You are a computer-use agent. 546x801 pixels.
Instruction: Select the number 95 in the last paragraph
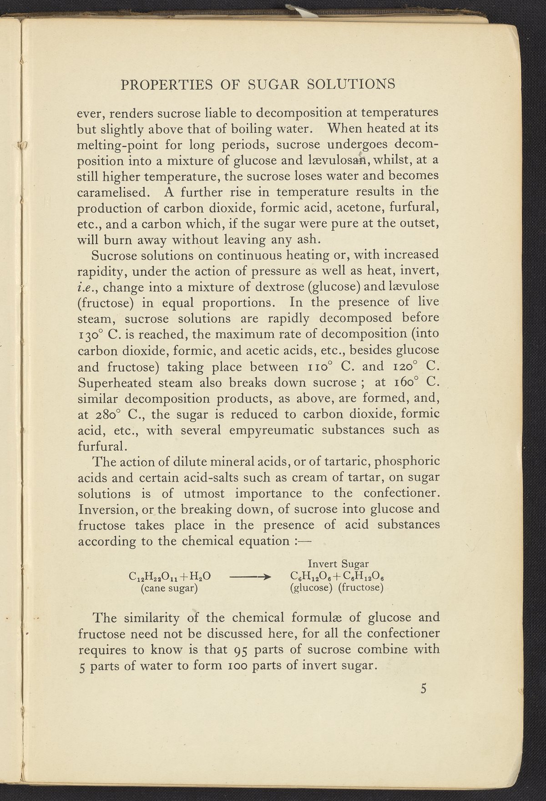click(250, 650)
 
